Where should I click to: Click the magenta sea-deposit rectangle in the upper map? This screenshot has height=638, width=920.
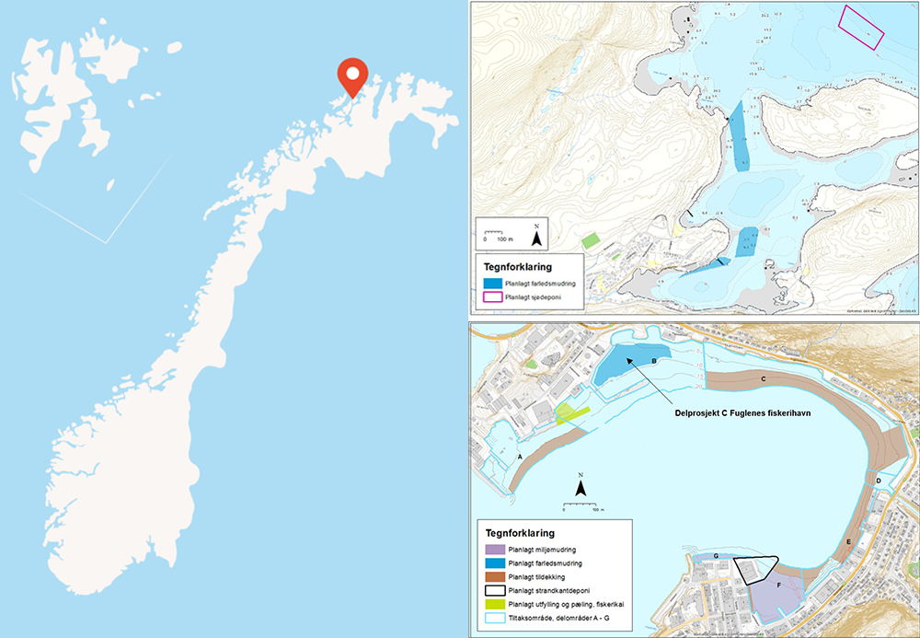(861, 27)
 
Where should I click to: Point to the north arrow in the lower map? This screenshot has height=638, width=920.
(581, 484)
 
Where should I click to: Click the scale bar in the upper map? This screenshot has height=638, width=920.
(498, 231)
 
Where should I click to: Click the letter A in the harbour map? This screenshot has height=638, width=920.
(520, 456)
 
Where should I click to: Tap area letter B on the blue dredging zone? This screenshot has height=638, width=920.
(653, 362)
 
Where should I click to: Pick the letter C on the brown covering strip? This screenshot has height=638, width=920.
(764, 378)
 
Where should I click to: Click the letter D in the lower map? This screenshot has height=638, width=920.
(879, 481)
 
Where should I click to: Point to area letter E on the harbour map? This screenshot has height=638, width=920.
(848, 542)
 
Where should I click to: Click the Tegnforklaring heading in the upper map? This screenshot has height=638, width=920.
(518, 267)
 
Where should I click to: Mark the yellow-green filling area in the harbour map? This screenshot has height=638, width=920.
(572, 413)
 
